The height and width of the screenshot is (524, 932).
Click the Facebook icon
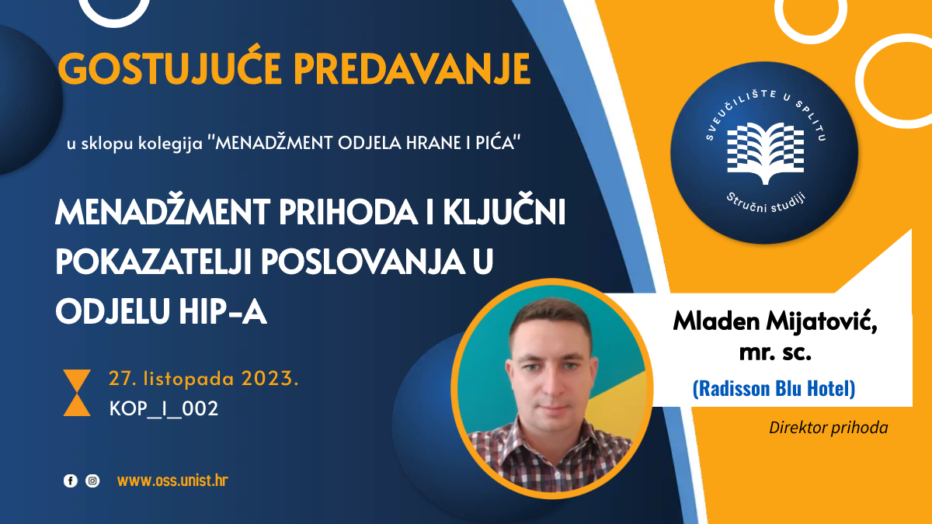tap(70, 481)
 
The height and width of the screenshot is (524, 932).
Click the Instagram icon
tap(92, 481)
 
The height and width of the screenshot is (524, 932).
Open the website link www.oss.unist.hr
tap(172, 481)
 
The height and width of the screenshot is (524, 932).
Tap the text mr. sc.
tap(774, 353)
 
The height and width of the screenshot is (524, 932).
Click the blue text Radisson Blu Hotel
tap(774, 388)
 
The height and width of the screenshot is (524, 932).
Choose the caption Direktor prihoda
tap(828, 427)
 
